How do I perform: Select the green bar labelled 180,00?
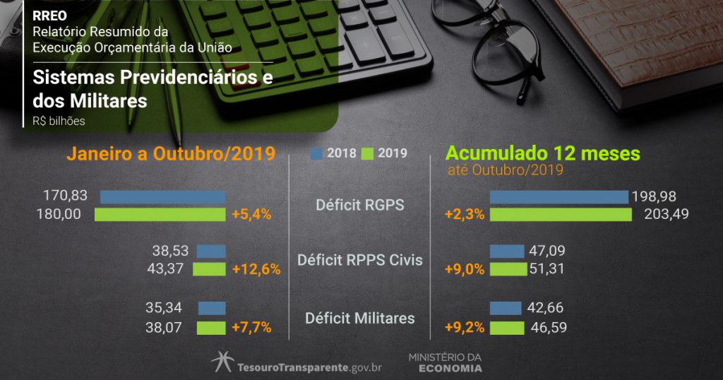point(160,214)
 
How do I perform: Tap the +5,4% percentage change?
point(251,214)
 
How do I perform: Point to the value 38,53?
point(171,251)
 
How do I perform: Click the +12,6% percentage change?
point(256,269)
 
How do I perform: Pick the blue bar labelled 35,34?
point(212,308)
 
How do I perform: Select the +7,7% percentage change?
point(251,328)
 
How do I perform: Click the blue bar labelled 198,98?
point(558,197)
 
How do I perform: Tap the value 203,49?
point(666,214)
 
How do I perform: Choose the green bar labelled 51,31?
point(508,269)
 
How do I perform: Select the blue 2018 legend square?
point(316,153)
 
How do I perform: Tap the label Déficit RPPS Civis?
point(360,260)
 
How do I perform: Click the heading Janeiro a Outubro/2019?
point(170,154)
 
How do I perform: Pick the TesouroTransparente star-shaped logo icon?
point(222,362)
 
